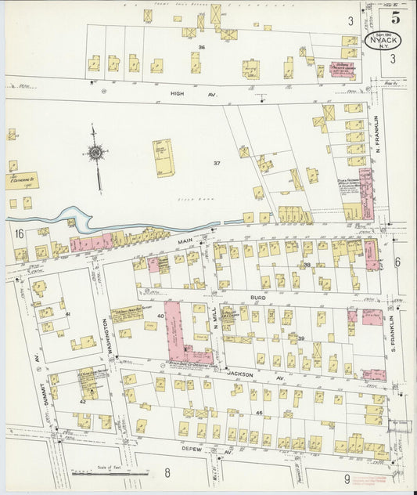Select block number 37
click(x=217, y=162)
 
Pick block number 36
click(x=201, y=48)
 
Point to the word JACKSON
click(x=241, y=375)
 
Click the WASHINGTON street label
click(x=102, y=333)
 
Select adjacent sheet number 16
click(x=19, y=233)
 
